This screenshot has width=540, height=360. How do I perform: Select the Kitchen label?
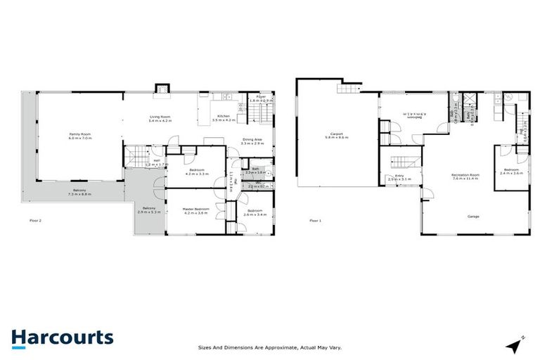point(223,117)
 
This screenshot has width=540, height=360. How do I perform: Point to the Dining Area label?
point(252,141)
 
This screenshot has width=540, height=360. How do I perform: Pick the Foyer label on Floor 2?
point(259,98)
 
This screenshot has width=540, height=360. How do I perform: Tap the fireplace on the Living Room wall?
point(162,89)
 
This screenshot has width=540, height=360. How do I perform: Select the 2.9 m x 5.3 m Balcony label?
point(148,210)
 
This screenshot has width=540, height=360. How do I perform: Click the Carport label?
point(336,136)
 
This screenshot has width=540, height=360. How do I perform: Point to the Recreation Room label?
point(465,176)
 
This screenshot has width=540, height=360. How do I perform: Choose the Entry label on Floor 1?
point(399,177)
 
